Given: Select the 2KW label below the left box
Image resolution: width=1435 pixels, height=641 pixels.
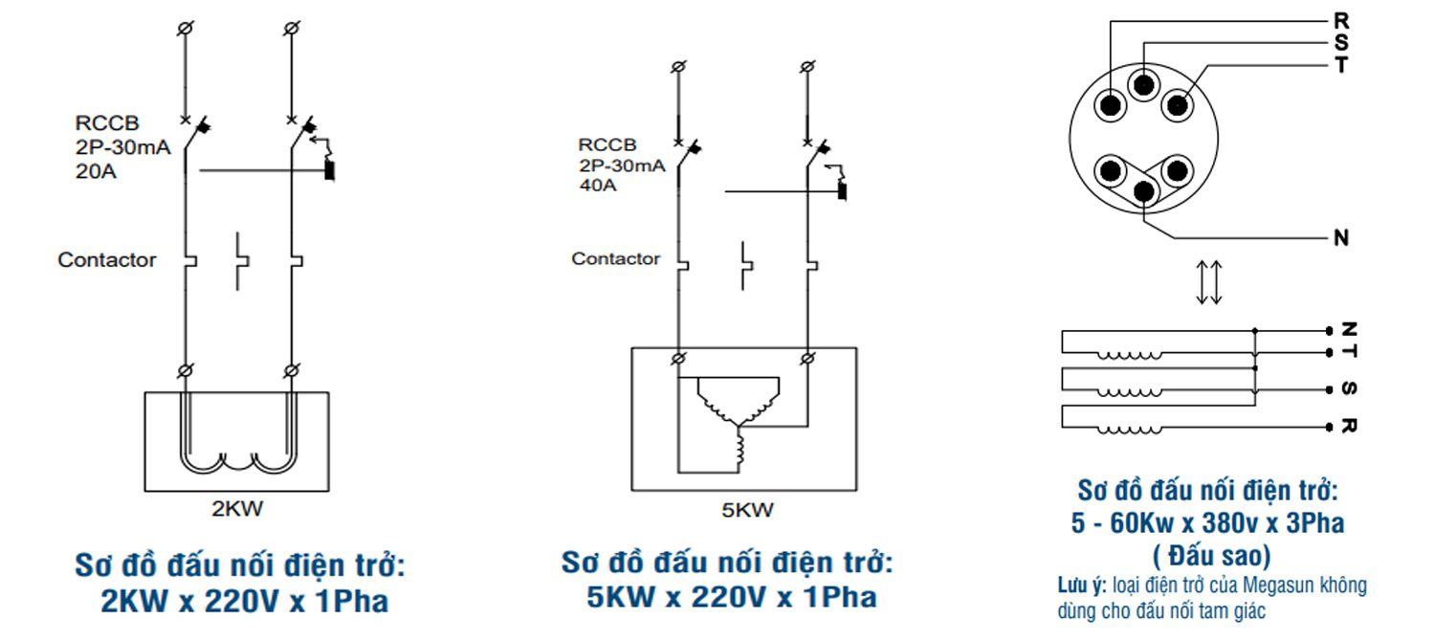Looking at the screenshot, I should [x=237, y=509].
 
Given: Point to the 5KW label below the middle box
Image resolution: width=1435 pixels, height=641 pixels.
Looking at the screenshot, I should [x=747, y=510].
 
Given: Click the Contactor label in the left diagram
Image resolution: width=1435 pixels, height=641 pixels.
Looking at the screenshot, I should [x=107, y=259].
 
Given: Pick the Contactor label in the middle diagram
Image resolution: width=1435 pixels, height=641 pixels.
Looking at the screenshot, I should [x=616, y=258].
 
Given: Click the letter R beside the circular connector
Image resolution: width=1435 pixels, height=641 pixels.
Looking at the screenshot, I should [x=1341, y=19].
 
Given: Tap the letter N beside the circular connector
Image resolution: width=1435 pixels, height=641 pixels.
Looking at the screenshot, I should [x=1341, y=238].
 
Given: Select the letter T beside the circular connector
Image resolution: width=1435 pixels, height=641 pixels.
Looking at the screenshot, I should [x=1341, y=66].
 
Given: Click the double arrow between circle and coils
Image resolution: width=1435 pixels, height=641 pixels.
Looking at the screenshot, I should [x=1209, y=283].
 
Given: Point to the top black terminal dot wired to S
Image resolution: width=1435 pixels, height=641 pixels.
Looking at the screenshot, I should [x=1143, y=85].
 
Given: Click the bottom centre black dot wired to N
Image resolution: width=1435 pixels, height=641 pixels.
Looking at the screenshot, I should [x=1143, y=190].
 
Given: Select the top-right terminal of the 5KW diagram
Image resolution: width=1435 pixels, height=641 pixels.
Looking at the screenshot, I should [x=807, y=66].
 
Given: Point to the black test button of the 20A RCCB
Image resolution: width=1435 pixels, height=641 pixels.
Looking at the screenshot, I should [x=330, y=172].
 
